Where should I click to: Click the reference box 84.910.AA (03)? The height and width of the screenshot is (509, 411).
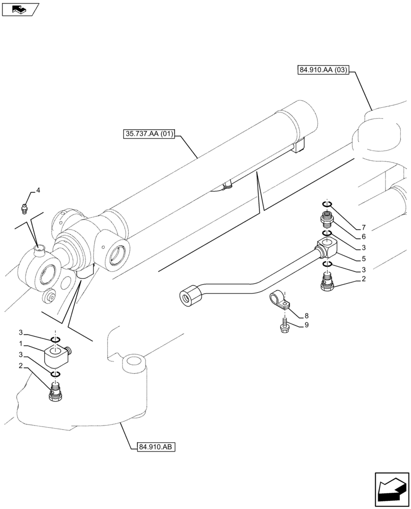(321, 71)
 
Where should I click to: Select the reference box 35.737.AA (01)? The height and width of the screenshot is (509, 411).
(149, 134)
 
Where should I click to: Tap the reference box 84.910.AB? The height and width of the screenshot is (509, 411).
(156, 447)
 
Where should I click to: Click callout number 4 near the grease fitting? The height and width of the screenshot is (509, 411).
(38, 191)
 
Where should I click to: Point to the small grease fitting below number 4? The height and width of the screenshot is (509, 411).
(24, 207)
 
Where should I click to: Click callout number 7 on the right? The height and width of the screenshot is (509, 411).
(363, 227)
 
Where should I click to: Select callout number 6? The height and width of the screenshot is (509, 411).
(363, 237)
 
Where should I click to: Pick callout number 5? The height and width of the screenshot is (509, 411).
(363, 259)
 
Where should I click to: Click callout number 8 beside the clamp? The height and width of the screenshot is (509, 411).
(306, 316)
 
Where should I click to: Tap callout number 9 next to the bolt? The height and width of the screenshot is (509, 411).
(306, 325)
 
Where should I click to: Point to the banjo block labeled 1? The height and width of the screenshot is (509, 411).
(56, 355)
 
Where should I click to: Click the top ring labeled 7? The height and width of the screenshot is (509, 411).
(327, 205)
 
